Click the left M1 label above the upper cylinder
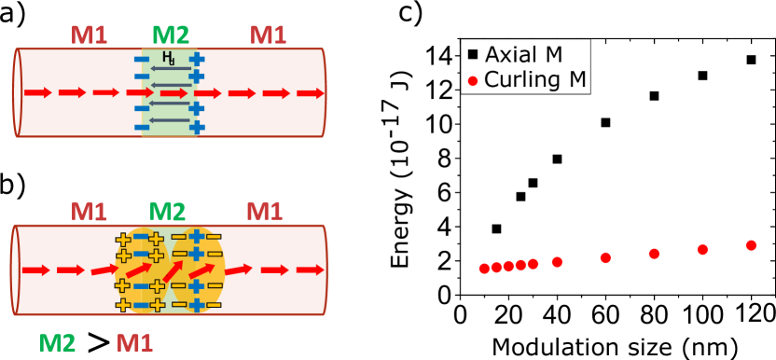(89, 35)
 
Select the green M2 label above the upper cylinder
(171, 35)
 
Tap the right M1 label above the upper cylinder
(268, 35)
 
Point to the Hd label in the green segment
(168, 58)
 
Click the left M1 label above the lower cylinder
(89, 212)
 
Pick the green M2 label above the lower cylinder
(168, 212)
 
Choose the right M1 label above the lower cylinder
(264, 212)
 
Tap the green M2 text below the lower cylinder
(57, 343)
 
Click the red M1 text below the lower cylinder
(134, 343)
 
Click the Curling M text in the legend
(535, 80)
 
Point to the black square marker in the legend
(472, 55)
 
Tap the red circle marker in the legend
(472, 81)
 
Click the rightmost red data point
(751, 245)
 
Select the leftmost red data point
(484, 269)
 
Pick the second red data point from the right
(702, 249)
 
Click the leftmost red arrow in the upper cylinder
(38, 93)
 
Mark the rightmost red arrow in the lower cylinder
(310, 270)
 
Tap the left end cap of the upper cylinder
(17, 93)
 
